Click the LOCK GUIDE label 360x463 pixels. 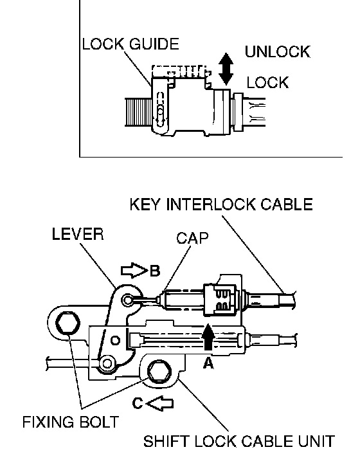[130, 44]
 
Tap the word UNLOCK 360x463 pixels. [277, 51]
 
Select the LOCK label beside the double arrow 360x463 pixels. [267, 82]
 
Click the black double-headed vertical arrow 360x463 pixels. [226, 69]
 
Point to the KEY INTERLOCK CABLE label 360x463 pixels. [221, 204]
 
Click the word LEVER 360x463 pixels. [78, 234]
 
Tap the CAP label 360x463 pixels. [192, 238]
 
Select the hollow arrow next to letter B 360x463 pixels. [134, 270]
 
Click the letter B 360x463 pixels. [155, 271]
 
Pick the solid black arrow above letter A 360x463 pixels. [209, 336]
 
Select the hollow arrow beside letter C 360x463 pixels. [160, 403]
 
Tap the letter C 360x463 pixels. [138, 403]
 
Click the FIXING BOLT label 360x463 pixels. [71, 422]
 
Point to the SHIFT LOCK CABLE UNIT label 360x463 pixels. [239, 441]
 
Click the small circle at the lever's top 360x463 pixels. [127, 300]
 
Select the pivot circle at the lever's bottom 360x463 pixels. [107, 363]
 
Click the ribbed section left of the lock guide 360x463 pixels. [138, 112]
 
